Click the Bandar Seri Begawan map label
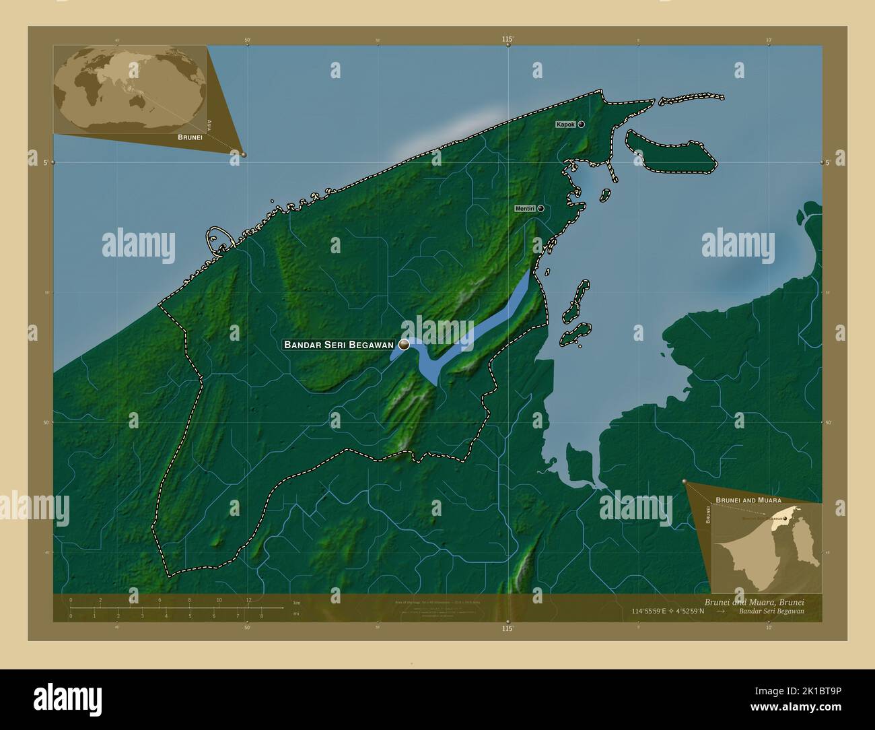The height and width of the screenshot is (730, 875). [x=338, y=345]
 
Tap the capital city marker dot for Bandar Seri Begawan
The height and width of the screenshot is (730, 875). [x=404, y=345]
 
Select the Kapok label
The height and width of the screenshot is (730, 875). [x=565, y=125]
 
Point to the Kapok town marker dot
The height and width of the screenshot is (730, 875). [x=581, y=125]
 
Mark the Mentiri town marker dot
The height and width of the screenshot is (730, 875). [x=540, y=209]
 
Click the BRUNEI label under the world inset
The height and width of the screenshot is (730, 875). [x=189, y=137]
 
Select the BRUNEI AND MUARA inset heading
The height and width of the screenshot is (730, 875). [x=748, y=500]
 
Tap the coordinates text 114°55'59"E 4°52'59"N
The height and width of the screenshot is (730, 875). [x=668, y=611]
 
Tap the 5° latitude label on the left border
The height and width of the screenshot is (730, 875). [x=45, y=162]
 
